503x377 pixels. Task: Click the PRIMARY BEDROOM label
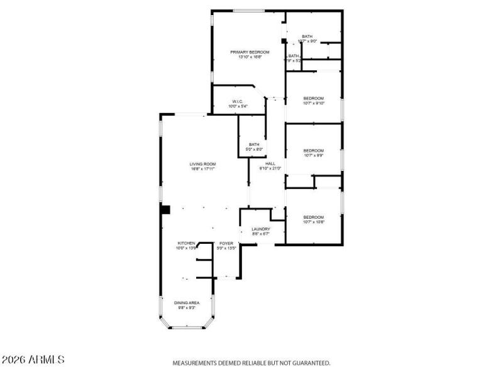250,52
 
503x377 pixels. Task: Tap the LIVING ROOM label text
203,164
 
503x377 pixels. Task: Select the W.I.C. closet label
238,101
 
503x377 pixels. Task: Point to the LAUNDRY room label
261,229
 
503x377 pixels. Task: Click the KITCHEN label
186,243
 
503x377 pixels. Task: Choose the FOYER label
226,243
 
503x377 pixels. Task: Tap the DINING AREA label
187,303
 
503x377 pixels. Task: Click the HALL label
270,163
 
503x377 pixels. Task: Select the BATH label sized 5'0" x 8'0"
254,145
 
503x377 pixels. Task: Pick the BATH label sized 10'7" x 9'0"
307,36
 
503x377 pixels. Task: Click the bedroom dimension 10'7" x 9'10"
313,104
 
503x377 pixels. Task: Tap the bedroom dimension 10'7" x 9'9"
313,155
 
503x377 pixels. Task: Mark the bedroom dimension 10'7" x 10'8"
313,222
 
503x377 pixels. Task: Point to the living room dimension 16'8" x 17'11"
203,169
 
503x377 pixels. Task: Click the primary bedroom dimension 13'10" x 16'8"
250,57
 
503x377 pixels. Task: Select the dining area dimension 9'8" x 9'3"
187,308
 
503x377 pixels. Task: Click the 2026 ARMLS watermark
33,360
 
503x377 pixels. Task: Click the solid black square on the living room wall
166,210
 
